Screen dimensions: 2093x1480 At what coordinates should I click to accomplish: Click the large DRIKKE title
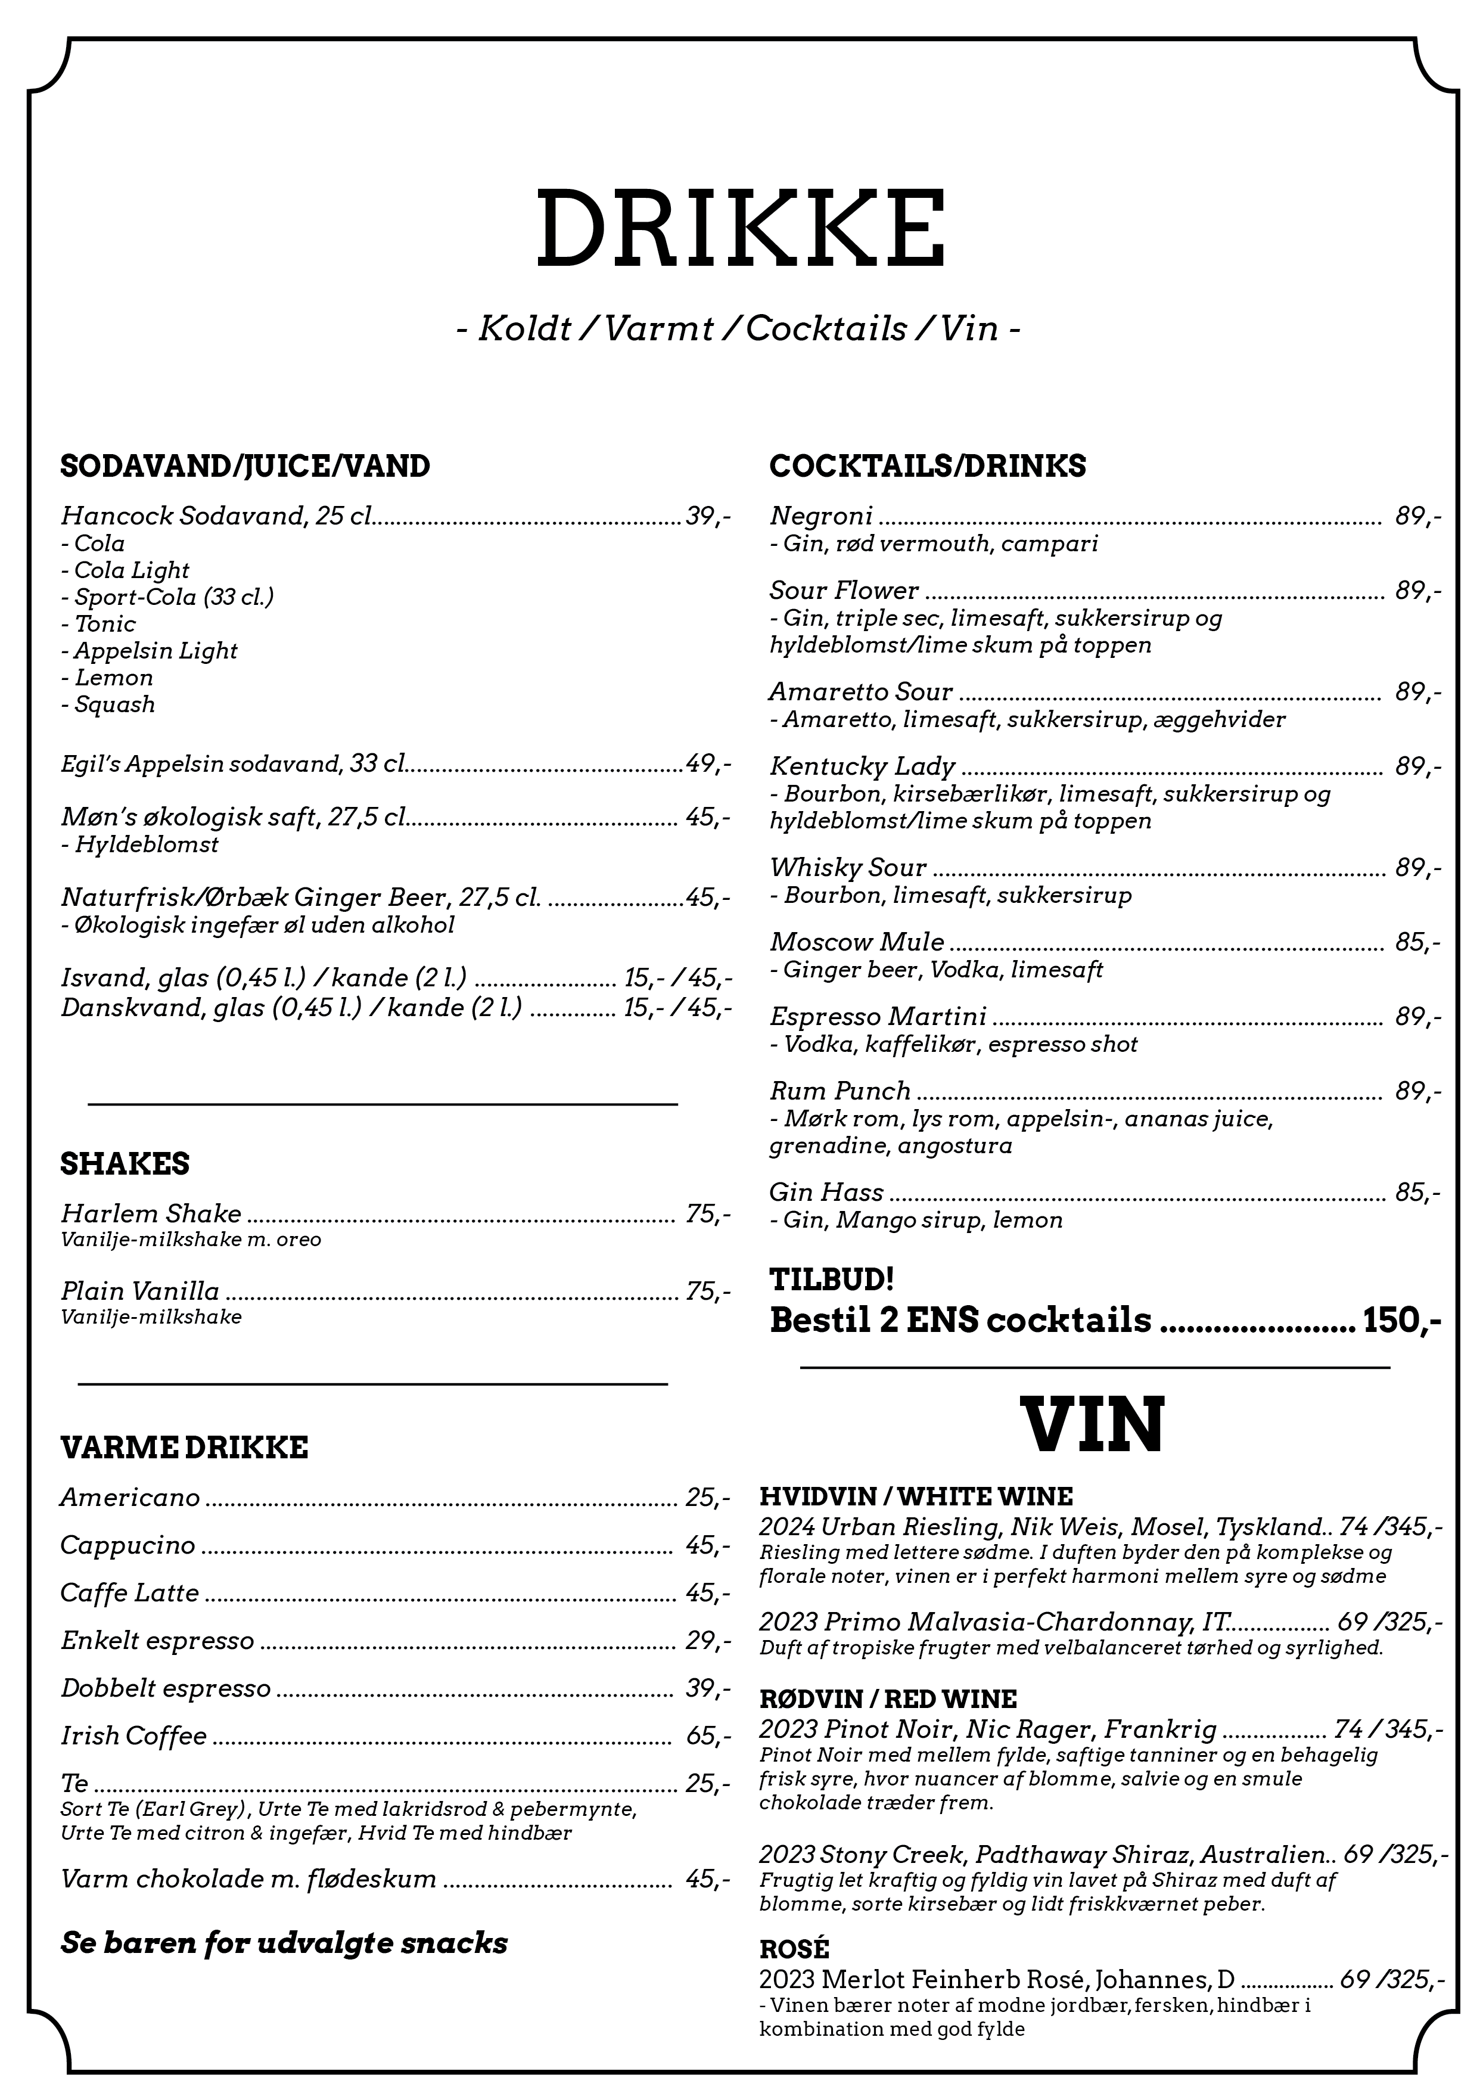coord(740,228)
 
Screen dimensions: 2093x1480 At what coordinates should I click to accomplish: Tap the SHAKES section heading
coord(125,1164)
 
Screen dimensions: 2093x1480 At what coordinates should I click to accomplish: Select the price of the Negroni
coord(1417,517)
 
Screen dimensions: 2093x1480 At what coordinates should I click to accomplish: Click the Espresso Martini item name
coord(878,1017)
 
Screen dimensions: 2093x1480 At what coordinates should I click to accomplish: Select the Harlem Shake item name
coord(151,1213)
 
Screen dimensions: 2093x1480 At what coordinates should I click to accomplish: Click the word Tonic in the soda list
coord(105,625)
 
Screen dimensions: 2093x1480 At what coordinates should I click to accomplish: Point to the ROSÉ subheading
coord(794,1950)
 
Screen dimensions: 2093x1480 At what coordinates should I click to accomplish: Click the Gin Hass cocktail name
coord(826,1193)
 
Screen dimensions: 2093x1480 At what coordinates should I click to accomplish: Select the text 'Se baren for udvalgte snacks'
coord(284,1943)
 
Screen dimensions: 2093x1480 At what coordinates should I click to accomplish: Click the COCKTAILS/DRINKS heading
coord(927,466)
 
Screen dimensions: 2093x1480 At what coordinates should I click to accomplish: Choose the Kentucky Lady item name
coord(862,766)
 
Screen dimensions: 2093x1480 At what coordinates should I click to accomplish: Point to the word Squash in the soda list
coord(115,704)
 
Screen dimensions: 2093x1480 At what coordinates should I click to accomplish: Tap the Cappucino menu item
coord(128,1545)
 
